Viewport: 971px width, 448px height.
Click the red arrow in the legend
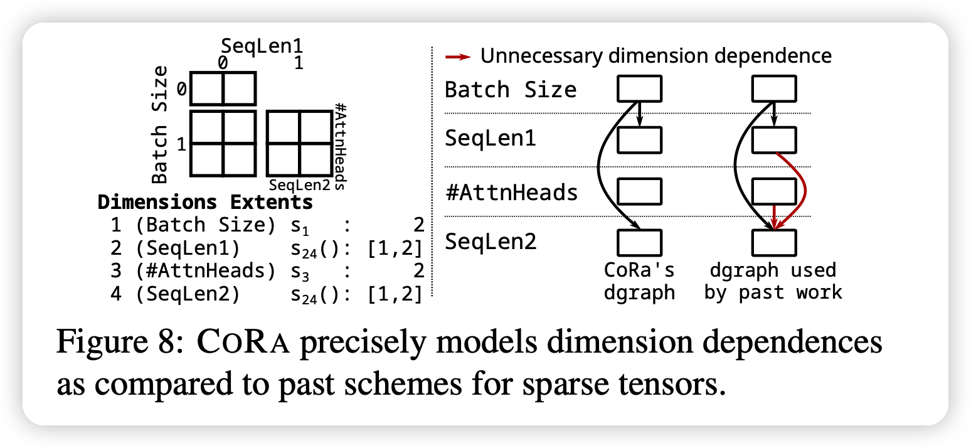point(457,56)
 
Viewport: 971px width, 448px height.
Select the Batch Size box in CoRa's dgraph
point(639,88)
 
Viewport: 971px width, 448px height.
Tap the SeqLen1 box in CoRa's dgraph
point(639,139)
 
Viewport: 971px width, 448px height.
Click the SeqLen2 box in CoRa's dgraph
point(639,242)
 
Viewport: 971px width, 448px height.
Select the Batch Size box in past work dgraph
point(773,88)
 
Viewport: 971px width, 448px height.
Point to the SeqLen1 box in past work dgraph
point(773,139)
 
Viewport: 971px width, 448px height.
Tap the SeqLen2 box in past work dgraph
point(773,242)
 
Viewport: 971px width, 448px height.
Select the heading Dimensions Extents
point(205,203)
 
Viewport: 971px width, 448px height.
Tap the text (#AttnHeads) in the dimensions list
point(206,271)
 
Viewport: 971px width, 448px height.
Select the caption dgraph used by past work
point(773,281)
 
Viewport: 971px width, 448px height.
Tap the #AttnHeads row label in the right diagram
point(511,191)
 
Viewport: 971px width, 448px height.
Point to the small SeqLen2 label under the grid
point(299,185)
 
